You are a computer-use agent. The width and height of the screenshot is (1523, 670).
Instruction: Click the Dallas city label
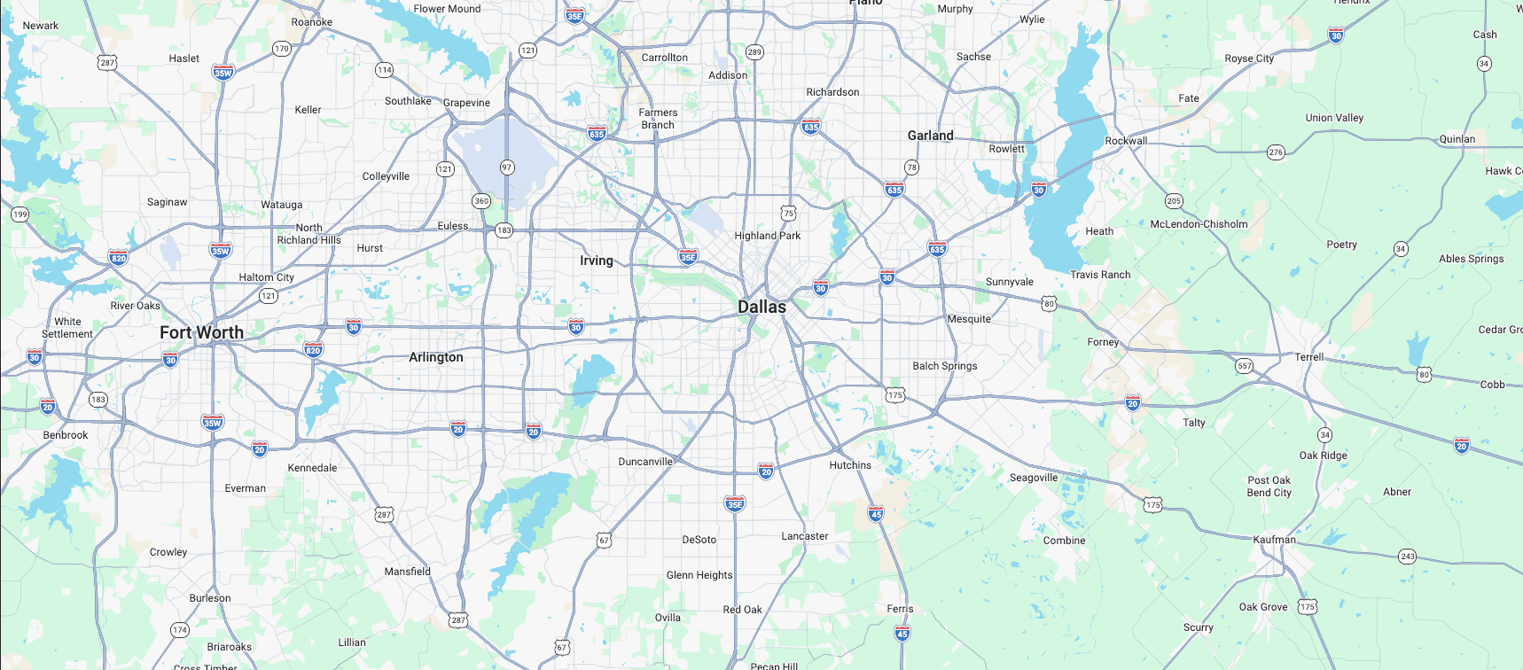(x=761, y=307)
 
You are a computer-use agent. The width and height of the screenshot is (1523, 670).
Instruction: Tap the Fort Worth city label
(x=201, y=332)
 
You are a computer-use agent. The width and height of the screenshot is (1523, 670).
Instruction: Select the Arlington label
(x=435, y=357)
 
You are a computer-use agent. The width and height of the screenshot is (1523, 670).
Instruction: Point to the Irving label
(x=596, y=261)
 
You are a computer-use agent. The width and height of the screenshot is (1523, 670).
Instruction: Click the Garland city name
(x=930, y=136)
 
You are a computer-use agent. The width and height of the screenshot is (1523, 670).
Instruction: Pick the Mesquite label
(x=968, y=319)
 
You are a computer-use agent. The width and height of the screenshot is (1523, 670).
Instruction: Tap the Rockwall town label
(x=1126, y=141)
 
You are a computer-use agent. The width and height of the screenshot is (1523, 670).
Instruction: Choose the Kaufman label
(x=1274, y=540)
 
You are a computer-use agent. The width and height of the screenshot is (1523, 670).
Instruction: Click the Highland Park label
(x=767, y=236)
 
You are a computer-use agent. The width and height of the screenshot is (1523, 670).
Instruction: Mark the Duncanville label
(x=645, y=462)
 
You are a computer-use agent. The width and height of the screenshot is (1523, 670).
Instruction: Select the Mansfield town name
(x=407, y=572)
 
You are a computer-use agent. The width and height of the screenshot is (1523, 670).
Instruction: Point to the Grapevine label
(x=466, y=103)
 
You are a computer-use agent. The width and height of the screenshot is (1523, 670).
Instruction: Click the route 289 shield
(x=754, y=52)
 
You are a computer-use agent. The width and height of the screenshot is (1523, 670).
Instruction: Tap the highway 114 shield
(x=384, y=70)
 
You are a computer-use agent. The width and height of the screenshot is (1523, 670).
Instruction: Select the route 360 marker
(x=481, y=201)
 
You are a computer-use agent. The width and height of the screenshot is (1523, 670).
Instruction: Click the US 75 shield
(x=788, y=214)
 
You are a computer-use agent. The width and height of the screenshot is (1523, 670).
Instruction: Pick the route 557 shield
(x=1245, y=366)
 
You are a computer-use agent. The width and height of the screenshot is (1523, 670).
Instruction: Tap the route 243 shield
(x=1407, y=557)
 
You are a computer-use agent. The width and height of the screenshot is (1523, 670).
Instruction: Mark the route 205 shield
(x=1174, y=201)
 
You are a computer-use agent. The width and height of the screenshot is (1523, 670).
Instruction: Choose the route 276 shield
(x=1276, y=152)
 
